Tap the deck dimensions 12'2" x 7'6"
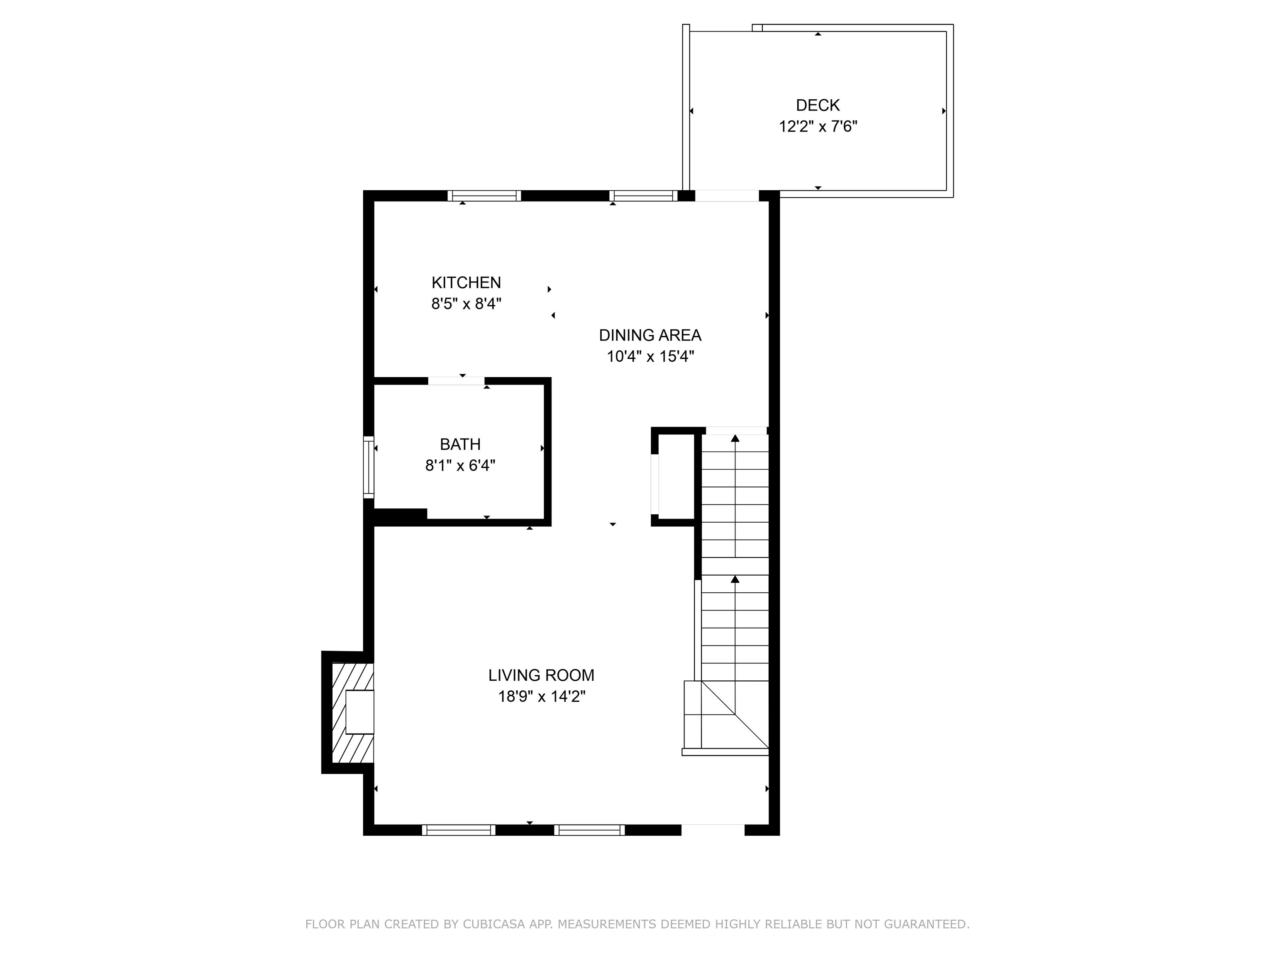click(x=818, y=126)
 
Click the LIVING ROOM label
click(x=541, y=675)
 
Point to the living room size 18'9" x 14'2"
click(x=541, y=696)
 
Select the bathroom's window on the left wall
click(x=368, y=467)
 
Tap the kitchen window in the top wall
click(x=484, y=196)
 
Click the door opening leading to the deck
click(x=727, y=196)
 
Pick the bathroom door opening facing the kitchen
click(x=457, y=381)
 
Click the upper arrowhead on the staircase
click(x=735, y=438)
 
